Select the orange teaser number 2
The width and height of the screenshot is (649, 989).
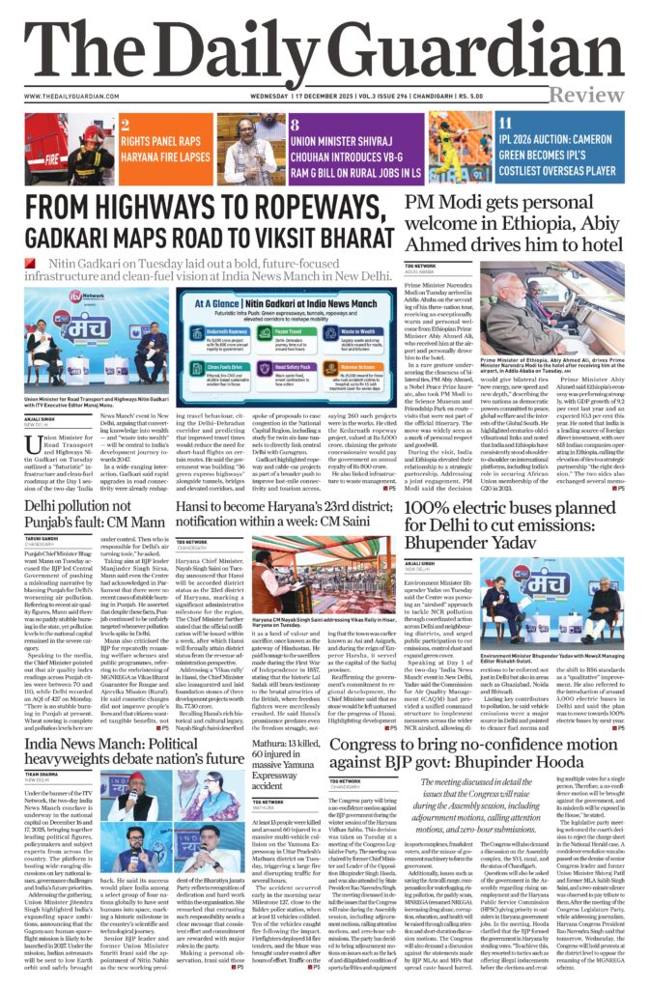click(x=126, y=126)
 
